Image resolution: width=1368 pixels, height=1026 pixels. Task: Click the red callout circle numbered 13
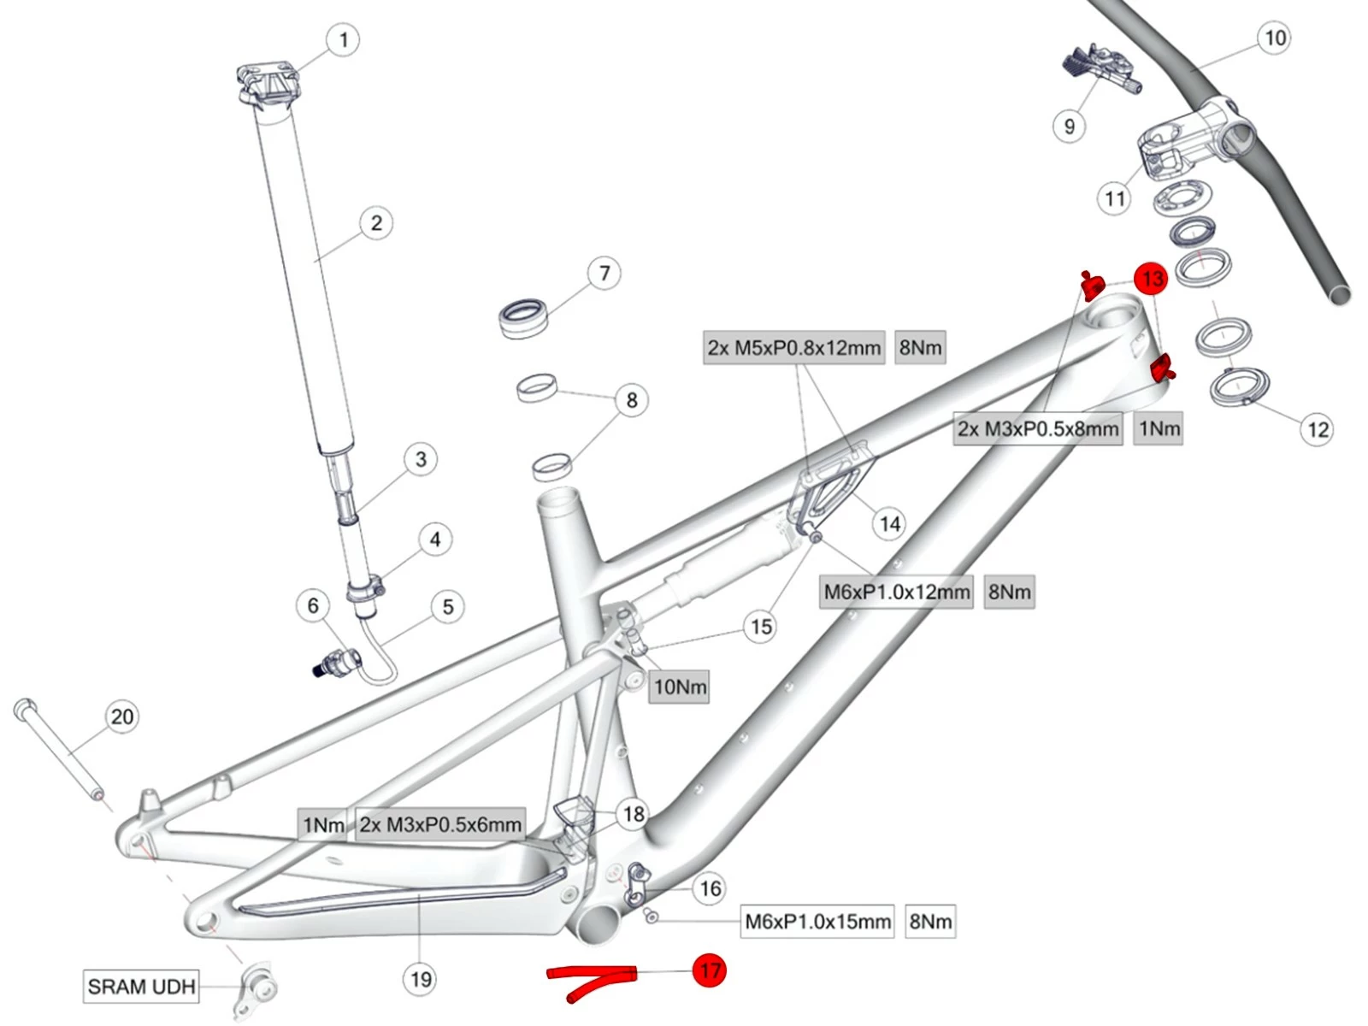pyautogui.click(x=1152, y=279)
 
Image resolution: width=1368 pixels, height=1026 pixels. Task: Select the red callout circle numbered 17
pyautogui.click(x=709, y=970)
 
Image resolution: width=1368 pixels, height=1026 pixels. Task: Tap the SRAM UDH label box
pyautogui.click(x=142, y=986)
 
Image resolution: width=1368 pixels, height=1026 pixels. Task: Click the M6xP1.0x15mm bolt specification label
pyautogui.click(x=817, y=922)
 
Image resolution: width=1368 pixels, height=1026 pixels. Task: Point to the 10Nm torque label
pyautogui.click(x=680, y=687)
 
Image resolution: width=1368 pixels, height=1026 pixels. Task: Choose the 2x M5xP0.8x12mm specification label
pyautogui.click(x=793, y=348)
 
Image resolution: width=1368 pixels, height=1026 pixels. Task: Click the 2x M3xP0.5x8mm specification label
pyautogui.click(x=1038, y=428)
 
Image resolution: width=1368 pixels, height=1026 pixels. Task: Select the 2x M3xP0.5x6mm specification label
pyautogui.click(x=440, y=825)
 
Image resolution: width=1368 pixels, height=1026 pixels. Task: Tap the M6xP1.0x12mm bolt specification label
pyautogui.click(x=897, y=592)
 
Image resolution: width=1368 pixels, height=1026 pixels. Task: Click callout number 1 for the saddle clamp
pyautogui.click(x=344, y=40)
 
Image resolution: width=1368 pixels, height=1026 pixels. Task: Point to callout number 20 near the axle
pyautogui.click(x=122, y=716)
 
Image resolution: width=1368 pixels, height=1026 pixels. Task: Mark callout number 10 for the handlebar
pyautogui.click(x=1275, y=38)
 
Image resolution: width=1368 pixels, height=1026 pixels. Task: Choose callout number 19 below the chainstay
pyautogui.click(x=421, y=979)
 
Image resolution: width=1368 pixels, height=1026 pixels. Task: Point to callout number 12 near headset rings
pyautogui.click(x=1318, y=429)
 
